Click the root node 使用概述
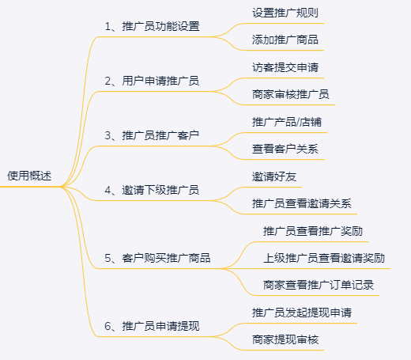(29, 176)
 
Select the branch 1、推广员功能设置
(152, 26)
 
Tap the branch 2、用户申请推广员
(152, 81)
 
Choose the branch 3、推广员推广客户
(152, 135)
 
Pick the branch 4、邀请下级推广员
(152, 190)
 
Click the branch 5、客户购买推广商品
(157, 258)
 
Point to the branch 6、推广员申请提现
(152, 326)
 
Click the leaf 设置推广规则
(285, 13)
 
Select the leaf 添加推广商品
(285, 40)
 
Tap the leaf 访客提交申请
(285, 67)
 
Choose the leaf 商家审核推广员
(291, 94)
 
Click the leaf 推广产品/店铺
(287, 122)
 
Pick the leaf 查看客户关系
(285, 149)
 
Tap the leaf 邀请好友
(274, 176)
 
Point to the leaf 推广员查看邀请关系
(302, 203)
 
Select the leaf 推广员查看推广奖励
(313, 231)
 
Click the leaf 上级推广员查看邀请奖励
(324, 258)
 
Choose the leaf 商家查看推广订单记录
(319, 285)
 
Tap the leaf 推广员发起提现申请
(302, 313)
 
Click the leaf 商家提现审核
(285, 339)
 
